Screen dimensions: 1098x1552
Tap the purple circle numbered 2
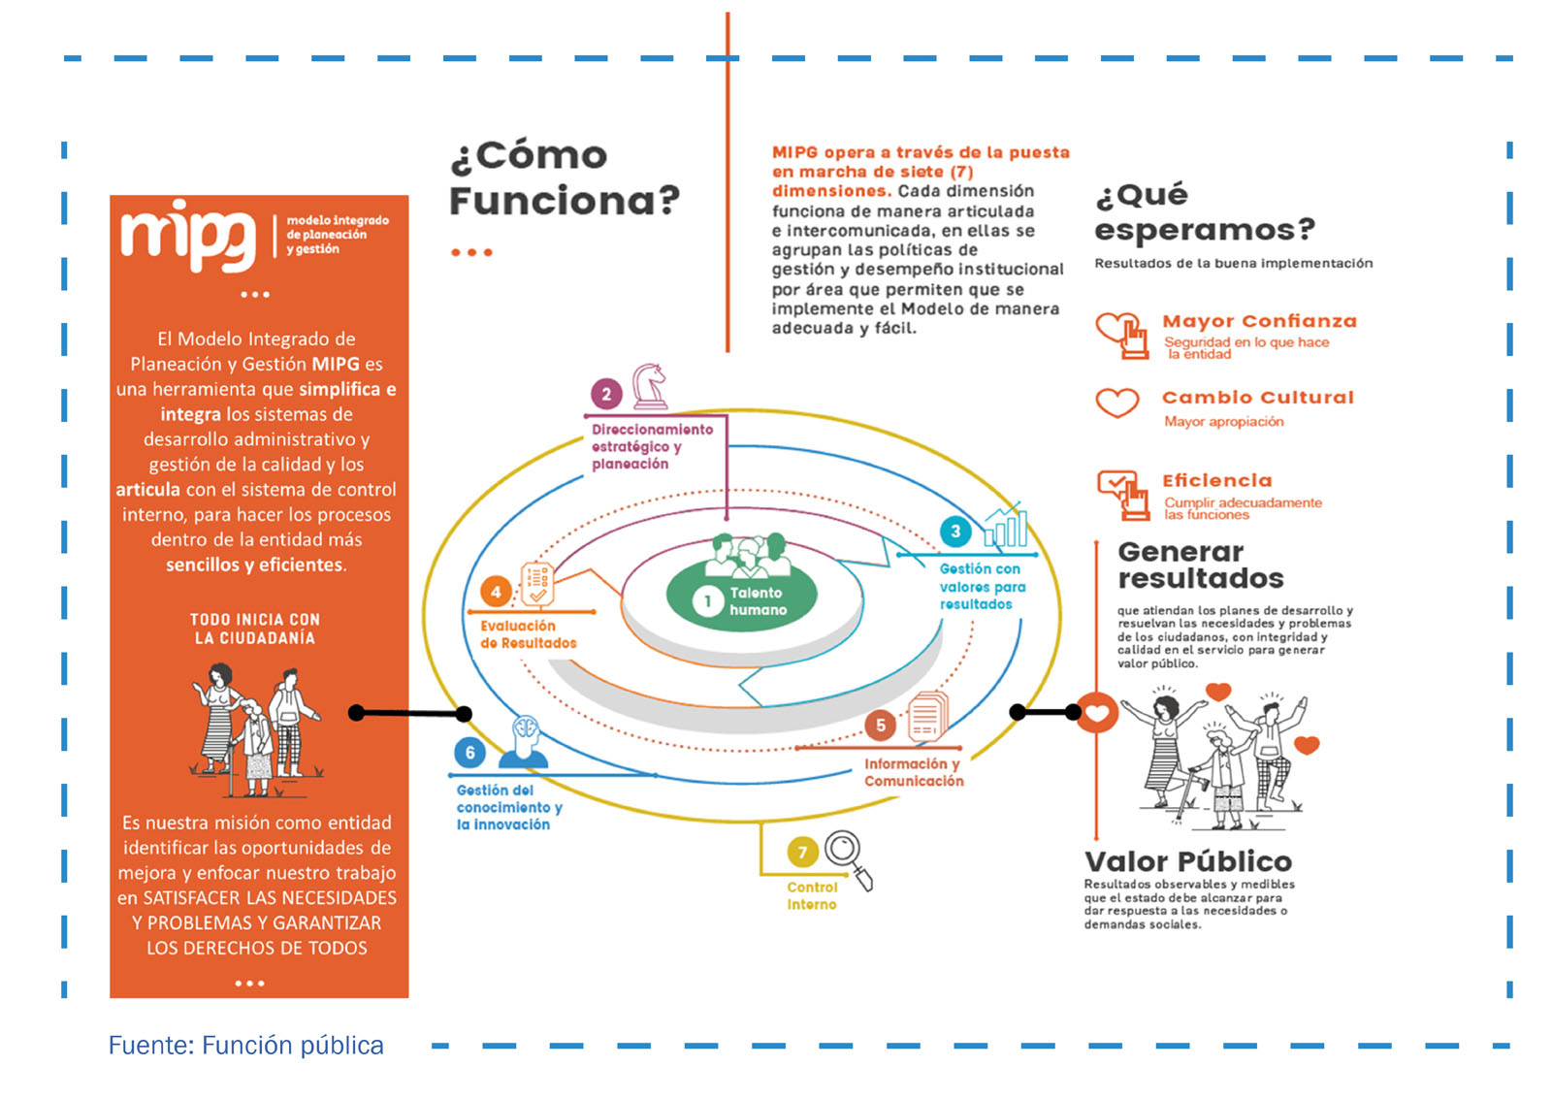(x=606, y=394)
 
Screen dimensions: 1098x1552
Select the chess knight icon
(x=649, y=385)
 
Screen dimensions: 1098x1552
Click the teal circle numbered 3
(x=955, y=531)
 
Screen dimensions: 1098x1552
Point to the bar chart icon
(x=1006, y=526)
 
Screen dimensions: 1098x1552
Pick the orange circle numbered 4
(x=496, y=592)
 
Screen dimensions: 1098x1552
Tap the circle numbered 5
(x=881, y=725)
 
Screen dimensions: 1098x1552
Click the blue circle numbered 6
(x=469, y=753)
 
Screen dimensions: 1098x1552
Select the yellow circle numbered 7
(x=802, y=853)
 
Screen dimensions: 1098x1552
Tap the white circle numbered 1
(x=707, y=601)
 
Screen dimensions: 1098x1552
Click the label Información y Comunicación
(x=914, y=772)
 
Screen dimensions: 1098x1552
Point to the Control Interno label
(x=812, y=895)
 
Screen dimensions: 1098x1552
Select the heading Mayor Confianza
(x=1259, y=321)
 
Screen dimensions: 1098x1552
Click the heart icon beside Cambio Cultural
(x=1116, y=402)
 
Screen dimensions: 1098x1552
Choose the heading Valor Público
(x=1187, y=861)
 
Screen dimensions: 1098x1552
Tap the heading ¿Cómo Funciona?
(x=564, y=178)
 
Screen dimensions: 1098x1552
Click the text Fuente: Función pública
(x=245, y=1045)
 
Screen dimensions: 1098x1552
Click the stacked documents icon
(x=927, y=717)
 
